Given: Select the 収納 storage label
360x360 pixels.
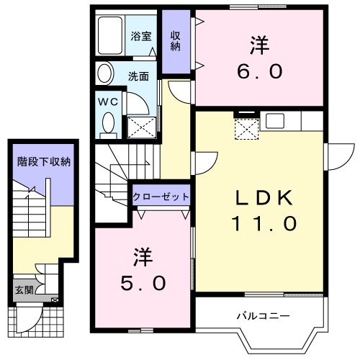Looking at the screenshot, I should (175, 41).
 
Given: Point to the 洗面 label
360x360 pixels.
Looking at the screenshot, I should (138, 74).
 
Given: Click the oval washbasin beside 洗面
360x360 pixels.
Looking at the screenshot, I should (105, 74).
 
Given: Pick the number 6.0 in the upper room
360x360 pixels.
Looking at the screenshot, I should (259, 72).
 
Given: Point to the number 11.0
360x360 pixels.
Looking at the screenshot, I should (263, 224).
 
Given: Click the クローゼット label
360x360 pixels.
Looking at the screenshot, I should (161, 196).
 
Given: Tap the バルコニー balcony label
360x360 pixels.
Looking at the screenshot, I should (263, 315).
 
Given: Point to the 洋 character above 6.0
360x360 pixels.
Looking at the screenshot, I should (259, 45).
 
